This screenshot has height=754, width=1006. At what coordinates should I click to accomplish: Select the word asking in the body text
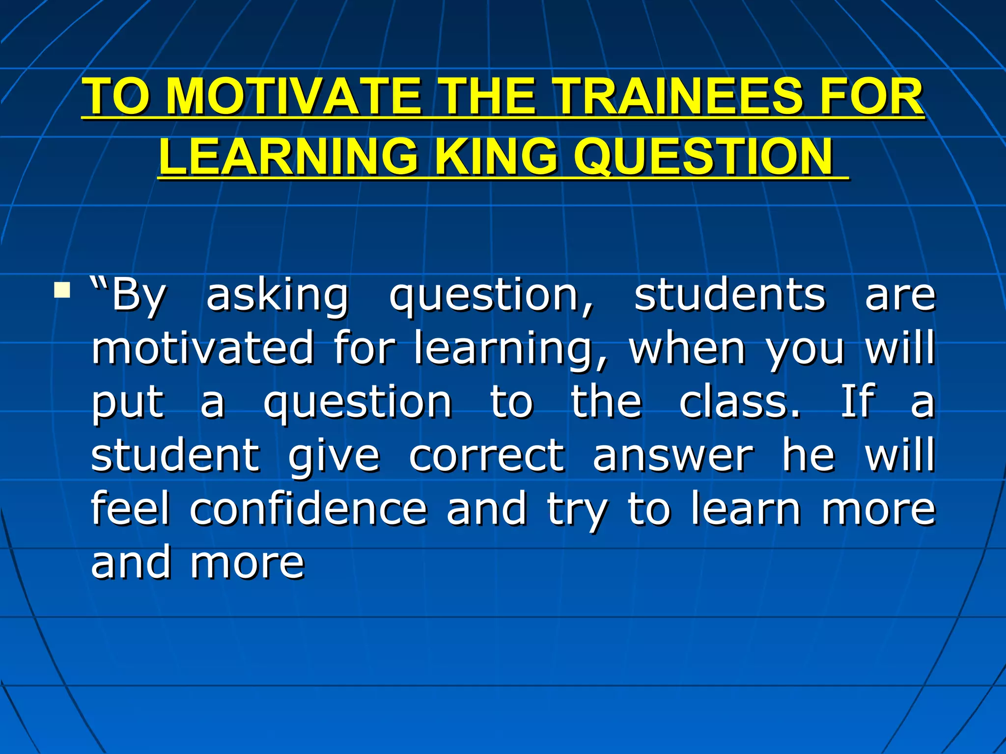click(278, 296)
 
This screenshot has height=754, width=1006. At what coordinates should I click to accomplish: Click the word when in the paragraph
click(687, 348)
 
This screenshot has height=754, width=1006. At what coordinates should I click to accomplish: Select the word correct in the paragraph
click(487, 456)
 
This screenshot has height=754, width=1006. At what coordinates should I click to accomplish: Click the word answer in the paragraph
click(672, 456)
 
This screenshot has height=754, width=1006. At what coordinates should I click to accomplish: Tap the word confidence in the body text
click(308, 509)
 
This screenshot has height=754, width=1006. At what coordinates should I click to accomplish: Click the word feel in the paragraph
click(130, 509)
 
